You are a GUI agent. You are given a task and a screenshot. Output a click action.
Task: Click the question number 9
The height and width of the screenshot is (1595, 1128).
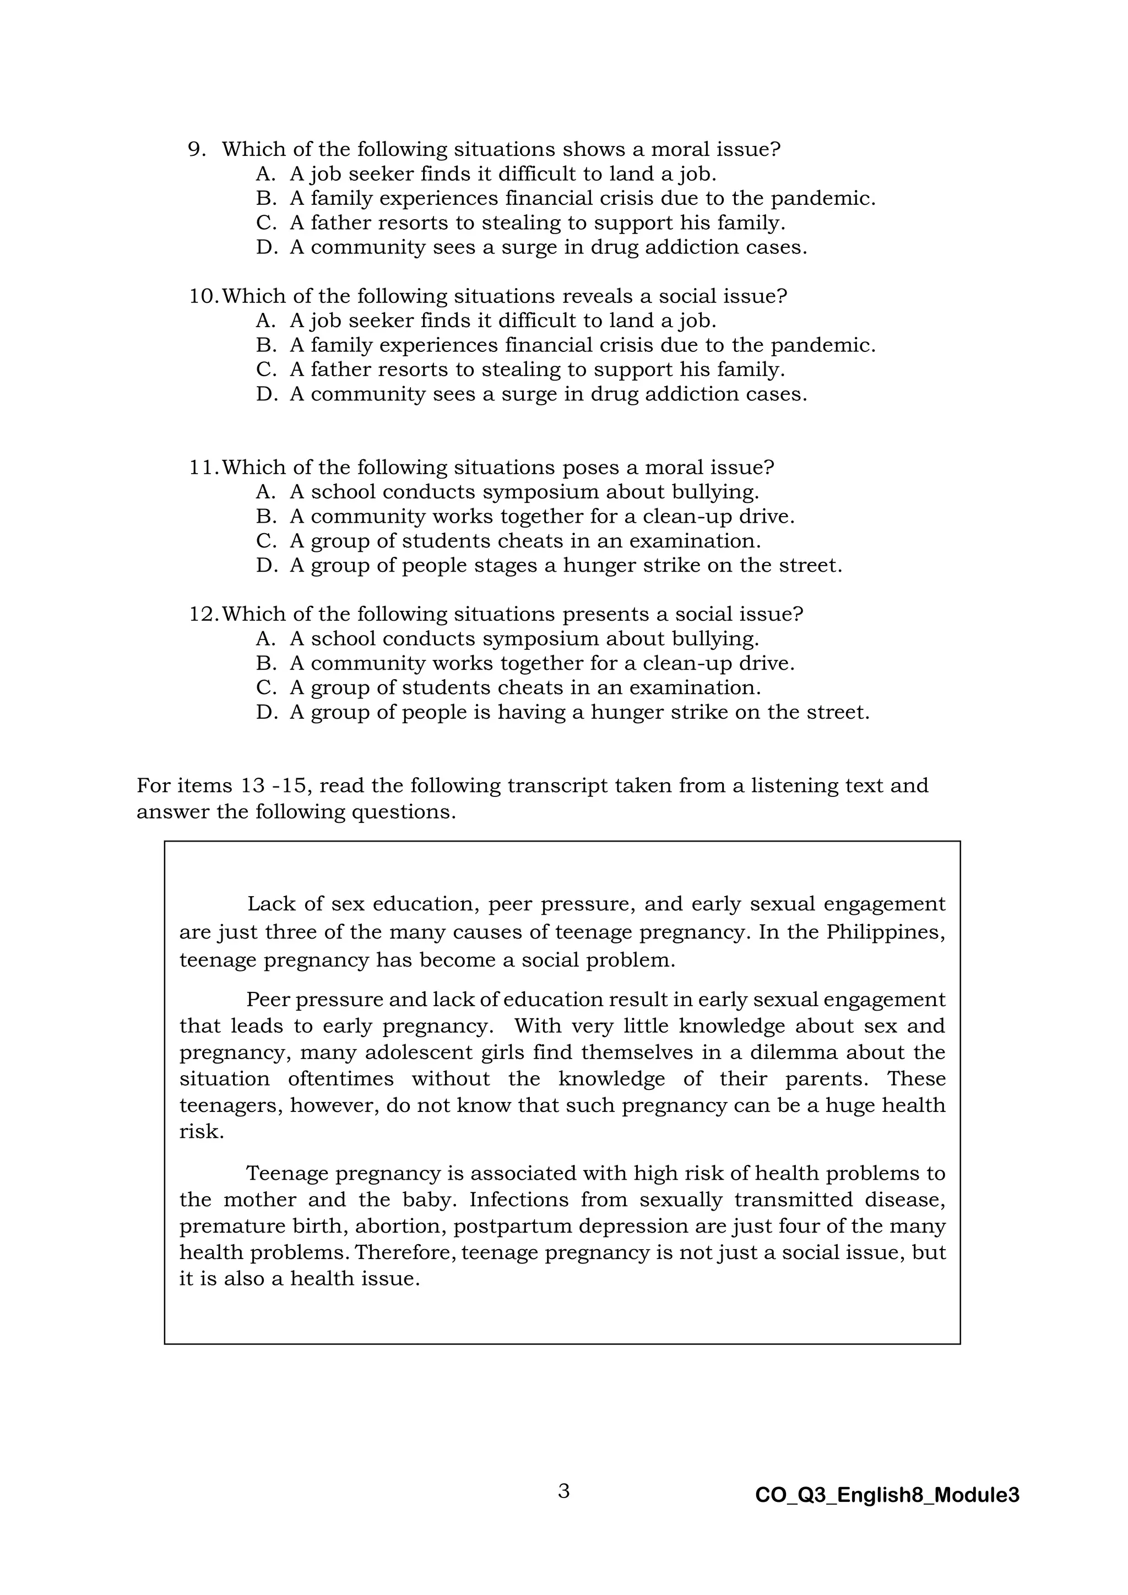point(197,149)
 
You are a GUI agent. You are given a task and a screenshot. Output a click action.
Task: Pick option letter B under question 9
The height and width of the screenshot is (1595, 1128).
point(266,199)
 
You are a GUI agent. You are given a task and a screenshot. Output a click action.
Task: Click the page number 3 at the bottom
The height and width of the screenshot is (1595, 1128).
point(563,1490)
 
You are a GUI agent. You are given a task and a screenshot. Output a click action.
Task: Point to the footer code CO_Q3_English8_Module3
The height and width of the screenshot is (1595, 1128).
point(887,1495)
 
